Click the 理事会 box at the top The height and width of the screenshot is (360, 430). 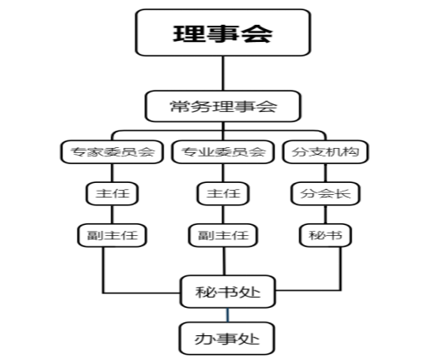click(x=224, y=32)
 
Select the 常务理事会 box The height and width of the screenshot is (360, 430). click(x=224, y=107)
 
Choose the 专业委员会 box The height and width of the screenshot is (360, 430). click(x=223, y=153)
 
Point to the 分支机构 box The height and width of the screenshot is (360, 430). click(x=325, y=153)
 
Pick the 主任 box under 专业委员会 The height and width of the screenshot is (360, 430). click(x=223, y=193)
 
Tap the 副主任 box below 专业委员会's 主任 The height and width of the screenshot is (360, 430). click(x=223, y=233)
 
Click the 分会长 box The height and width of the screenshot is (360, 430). click(x=325, y=193)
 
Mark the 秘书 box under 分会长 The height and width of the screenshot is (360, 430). click(x=325, y=233)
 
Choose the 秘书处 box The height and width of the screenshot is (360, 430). click(x=227, y=292)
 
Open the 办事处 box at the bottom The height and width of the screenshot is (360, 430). click(x=227, y=339)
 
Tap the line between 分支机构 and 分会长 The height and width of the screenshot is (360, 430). click(x=325, y=174)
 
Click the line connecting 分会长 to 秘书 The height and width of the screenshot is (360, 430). click(x=325, y=214)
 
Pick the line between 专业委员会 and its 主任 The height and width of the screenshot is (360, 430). click(x=223, y=174)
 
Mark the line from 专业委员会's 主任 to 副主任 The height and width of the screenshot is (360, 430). click(x=223, y=214)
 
